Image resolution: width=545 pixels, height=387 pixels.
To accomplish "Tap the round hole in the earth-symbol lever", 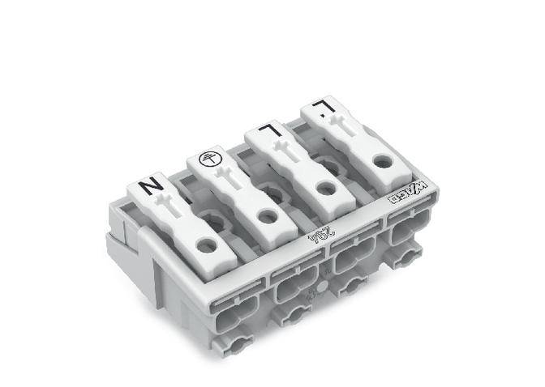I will [x=265, y=216].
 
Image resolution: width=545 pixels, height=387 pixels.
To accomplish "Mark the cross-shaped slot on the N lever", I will [x=173, y=204].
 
